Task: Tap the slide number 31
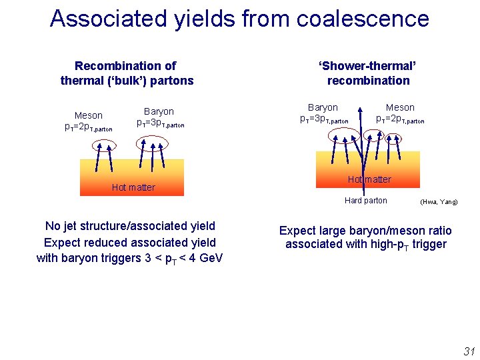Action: pos(469,351)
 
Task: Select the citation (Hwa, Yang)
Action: pos(439,201)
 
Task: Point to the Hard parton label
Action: pos(365,200)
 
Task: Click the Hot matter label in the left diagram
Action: pos(133,187)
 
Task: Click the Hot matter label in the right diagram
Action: pos(369,179)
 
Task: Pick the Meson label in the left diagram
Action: pos(89,115)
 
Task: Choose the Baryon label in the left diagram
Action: pos(159,111)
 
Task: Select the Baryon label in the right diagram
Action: pos(323,107)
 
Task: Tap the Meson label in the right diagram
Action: pos(400,107)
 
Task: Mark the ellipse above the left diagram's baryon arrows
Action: pos(149,143)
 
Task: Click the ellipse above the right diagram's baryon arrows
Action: pos(344,135)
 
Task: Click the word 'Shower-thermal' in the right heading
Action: pos(368,66)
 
